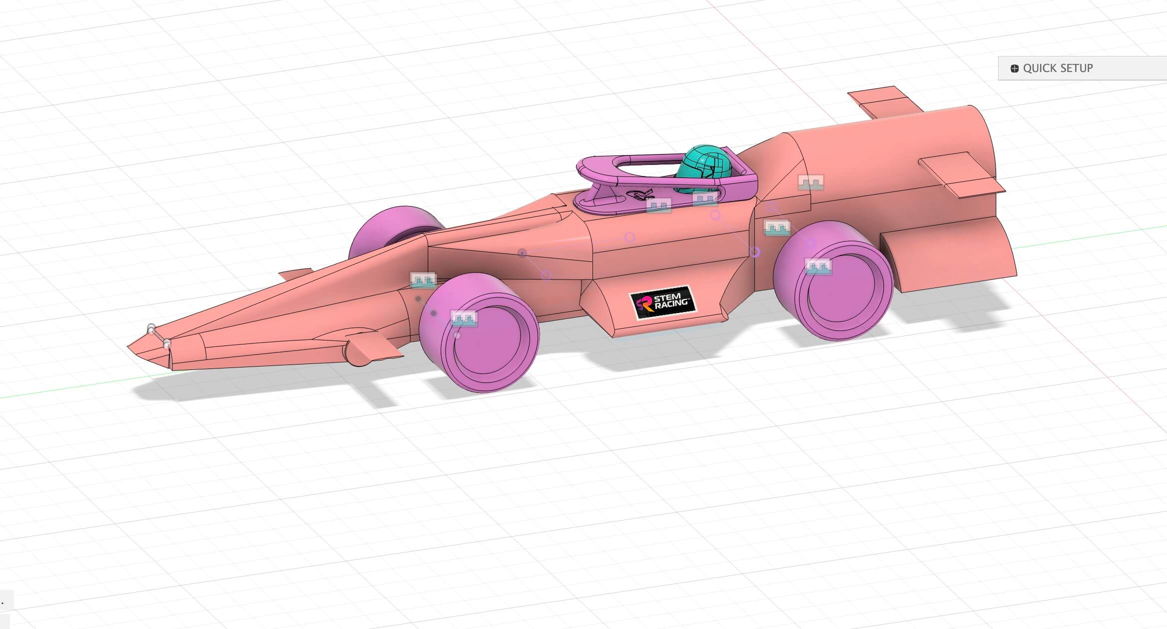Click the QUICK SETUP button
[x=1057, y=68]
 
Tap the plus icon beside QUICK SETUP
[x=1014, y=68]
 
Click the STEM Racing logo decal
[x=662, y=302]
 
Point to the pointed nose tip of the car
[x=131, y=346]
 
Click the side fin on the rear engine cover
[x=959, y=175]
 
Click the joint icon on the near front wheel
[x=464, y=318]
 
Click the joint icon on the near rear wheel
[x=818, y=266]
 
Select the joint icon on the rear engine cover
[x=810, y=182]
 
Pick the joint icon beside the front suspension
[x=423, y=280]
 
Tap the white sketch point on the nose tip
[x=151, y=327]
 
